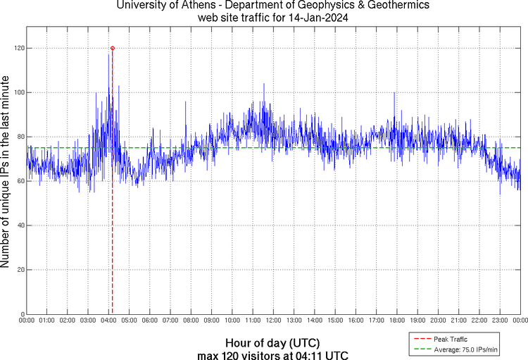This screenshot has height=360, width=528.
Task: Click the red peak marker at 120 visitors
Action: click(113, 48)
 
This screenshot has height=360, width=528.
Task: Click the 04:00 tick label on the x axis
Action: click(109, 321)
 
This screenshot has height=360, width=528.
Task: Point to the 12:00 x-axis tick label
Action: click(273, 321)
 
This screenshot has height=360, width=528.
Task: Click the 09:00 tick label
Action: click(212, 321)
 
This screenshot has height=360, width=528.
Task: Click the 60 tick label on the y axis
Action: click(18, 181)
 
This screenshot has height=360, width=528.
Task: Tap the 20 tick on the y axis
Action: click(18, 270)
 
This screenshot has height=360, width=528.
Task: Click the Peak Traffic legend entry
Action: click(451, 340)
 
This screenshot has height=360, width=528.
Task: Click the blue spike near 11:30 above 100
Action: click(264, 84)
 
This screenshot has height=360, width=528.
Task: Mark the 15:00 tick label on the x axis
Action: click(335, 321)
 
